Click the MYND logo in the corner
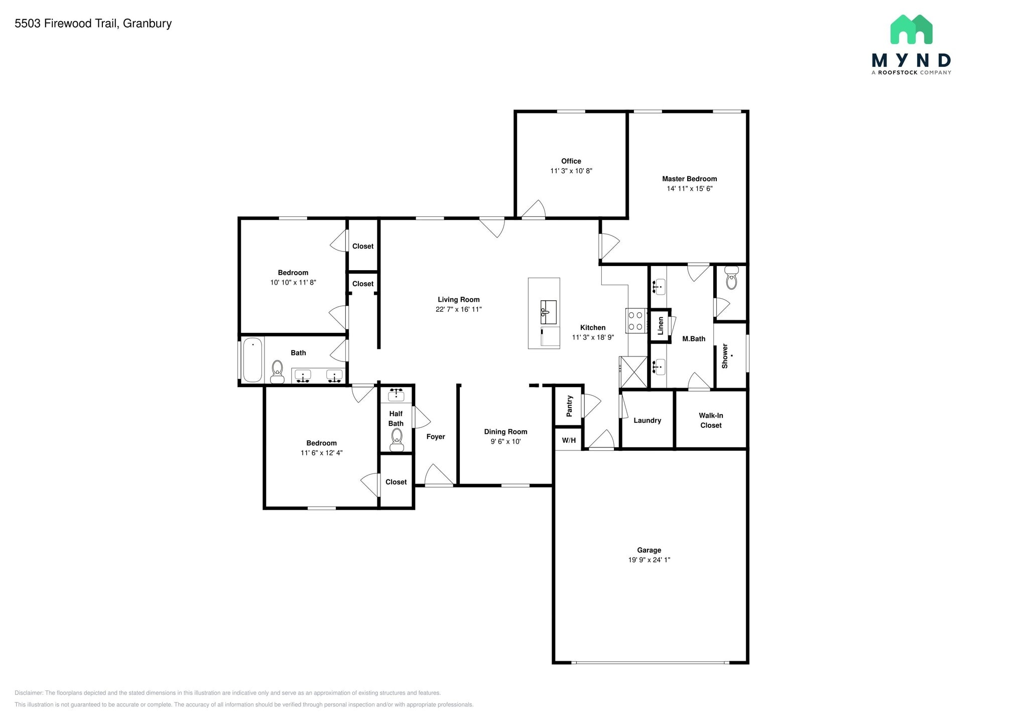point(911,44)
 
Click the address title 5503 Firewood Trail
point(66,24)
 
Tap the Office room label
point(571,161)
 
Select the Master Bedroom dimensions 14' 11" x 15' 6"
point(690,189)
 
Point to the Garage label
point(649,550)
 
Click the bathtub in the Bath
point(253,359)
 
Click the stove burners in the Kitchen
point(635,321)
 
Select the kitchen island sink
point(548,312)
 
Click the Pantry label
point(570,406)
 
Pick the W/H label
point(569,440)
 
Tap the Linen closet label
point(661,326)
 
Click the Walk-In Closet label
point(711,420)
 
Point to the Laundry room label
point(648,420)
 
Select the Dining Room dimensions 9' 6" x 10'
point(506,442)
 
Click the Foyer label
point(436,437)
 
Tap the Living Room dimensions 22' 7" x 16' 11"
point(459,309)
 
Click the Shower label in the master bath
point(725,356)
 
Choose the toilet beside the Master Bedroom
point(732,278)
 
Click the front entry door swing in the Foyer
point(439,475)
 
